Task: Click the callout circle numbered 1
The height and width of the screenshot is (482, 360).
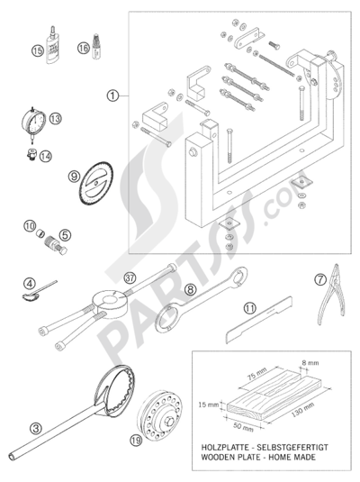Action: coord(112,95)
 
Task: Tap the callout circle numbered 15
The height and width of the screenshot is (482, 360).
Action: coord(37,52)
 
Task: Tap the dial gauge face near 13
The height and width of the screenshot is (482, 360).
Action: coord(33,121)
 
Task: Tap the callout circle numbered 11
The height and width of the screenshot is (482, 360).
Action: coord(249,309)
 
